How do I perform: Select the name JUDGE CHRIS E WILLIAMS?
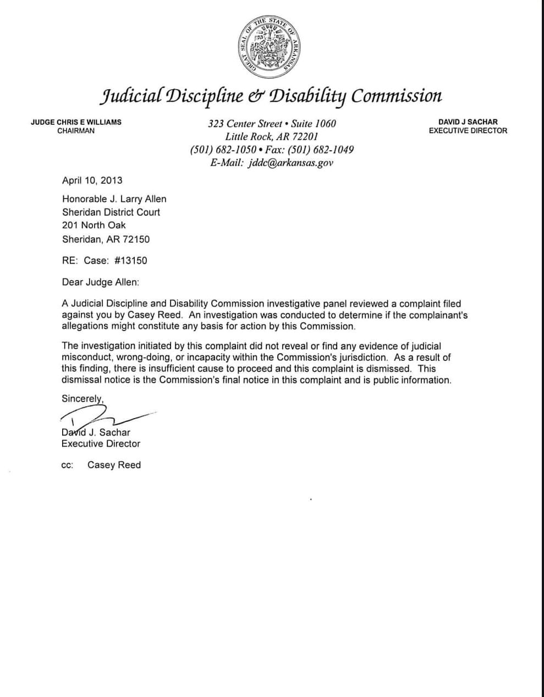click(76, 122)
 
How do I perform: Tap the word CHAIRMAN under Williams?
click(76, 131)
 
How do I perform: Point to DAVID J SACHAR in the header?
click(468, 122)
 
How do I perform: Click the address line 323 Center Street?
click(272, 124)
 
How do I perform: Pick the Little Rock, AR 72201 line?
click(272, 136)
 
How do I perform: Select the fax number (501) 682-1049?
click(321, 150)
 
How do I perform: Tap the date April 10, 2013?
click(92, 180)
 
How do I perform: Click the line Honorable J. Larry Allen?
click(114, 199)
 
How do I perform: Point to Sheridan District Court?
click(111, 212)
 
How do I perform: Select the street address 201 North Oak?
click(94, 226)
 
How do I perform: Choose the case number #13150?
click(130, 261)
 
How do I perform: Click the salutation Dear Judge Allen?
click(101, 282)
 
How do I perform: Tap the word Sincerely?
click(83, 399)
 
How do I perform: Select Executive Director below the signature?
click(101, 444)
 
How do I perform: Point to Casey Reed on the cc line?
click(114, 465)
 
